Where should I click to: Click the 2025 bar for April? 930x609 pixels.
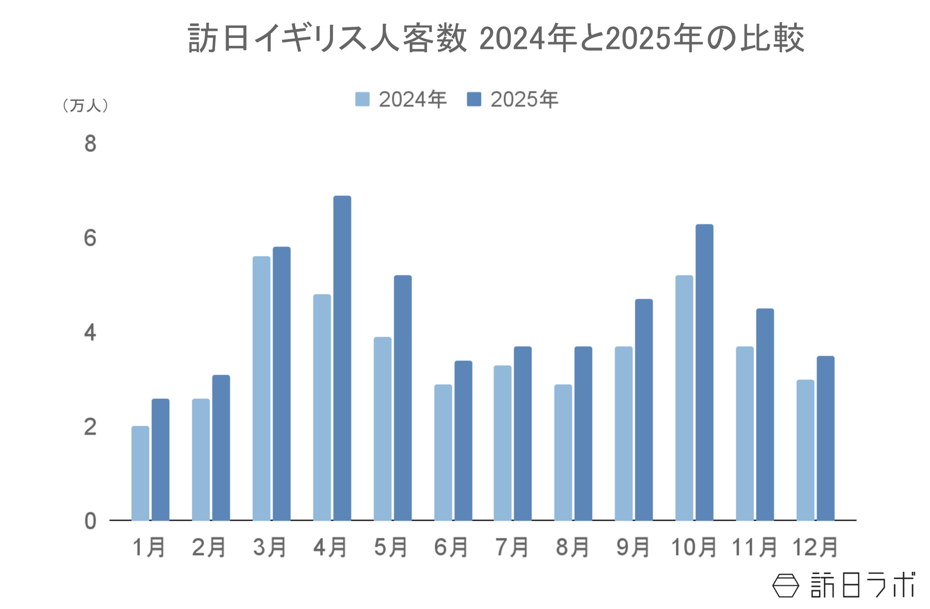point(342,357)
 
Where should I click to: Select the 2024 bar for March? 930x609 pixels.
point(262,388)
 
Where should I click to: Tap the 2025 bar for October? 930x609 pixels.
point(704,372)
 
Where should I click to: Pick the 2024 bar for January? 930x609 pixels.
point(140,473)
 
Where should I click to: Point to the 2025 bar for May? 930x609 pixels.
point(402,397)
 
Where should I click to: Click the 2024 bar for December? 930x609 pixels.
point(805,450)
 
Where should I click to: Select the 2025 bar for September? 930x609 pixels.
point(643,409)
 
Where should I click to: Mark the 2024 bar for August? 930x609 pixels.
point(563,452)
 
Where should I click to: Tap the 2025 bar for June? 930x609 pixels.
point(463,440)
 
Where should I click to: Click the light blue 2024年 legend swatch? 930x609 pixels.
point(362,99)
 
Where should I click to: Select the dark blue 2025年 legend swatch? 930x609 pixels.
point(474,99)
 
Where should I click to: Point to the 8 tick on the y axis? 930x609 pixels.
point(90,144)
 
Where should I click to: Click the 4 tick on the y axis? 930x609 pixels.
point(90,332)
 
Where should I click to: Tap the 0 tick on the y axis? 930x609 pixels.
point(90,521)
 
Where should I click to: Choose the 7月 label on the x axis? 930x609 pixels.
point(512,547)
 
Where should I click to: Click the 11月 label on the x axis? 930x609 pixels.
point(754,547)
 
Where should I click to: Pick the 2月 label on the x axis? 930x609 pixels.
point(209,547)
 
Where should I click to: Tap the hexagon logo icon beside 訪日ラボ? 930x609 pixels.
point(786,585)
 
